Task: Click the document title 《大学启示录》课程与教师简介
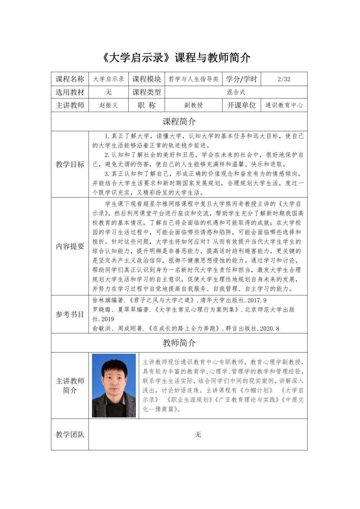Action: pos(176,57)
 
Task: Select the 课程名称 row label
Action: pos(70,79)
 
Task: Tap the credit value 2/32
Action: pos(284,79)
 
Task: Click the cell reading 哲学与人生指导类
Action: pos(193,79)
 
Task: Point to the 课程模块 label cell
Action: pos(146,79)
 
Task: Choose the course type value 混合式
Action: pos(236,92)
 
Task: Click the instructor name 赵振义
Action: pos(108,105)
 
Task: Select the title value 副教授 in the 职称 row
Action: pos(193,105)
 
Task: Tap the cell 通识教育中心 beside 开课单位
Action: pos(284,105)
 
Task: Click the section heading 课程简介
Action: pos(179,122)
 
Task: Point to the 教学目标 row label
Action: pos(70,164)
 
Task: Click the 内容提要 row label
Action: pos(70,246)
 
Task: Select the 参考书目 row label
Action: pos(70,314)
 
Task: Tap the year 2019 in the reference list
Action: pos(107,319)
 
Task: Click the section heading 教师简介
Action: pos(179,343)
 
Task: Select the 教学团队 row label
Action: pos(70,434)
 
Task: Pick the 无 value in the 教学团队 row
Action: pos(198,435)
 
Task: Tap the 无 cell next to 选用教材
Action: pos(108,92)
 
